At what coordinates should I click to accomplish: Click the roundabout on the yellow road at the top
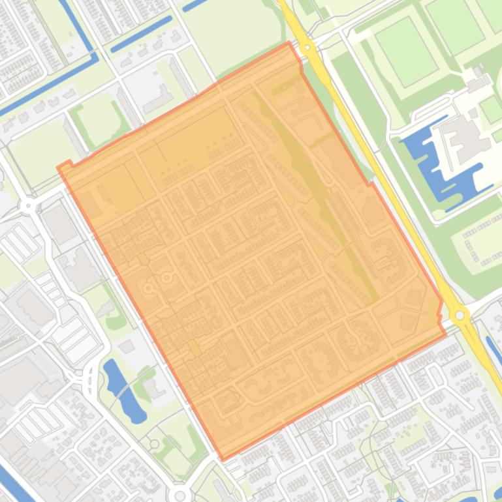(307, 47)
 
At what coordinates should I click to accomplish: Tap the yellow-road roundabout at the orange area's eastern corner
(460, 316)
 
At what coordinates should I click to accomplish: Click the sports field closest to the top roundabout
(406, 51)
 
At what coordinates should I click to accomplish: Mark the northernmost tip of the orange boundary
(289, 43)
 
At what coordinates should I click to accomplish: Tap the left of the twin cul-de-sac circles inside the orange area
(149, 288)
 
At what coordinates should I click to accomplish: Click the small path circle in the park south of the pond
(155, 445)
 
